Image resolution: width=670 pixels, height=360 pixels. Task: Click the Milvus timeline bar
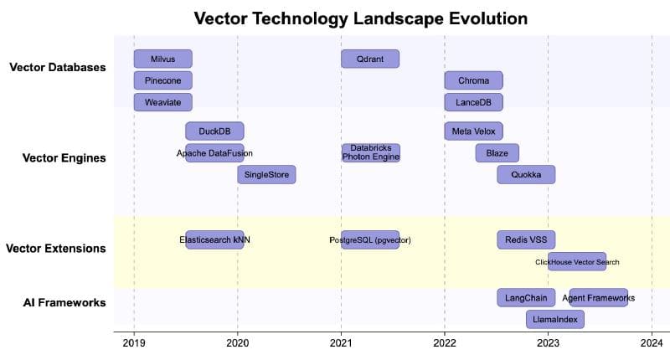click(163, 59)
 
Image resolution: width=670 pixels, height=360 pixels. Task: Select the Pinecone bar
click(163, 80)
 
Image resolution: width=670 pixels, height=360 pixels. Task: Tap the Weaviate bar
click(163, 102)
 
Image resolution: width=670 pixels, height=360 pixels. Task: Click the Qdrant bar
click(370, 59)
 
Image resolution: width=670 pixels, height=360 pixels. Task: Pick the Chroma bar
click(474, 80)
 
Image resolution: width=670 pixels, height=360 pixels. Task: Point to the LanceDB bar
click(474, 102)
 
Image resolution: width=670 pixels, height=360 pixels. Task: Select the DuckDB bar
click(214, 131)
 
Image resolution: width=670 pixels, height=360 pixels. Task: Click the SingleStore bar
click(266, 174)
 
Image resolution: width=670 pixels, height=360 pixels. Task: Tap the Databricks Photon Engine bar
click(370, 152)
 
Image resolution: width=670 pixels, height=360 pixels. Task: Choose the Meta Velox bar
click(474, 131)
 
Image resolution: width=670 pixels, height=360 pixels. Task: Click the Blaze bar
click(497, 152)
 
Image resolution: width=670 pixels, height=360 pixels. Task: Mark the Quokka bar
click(526, 174)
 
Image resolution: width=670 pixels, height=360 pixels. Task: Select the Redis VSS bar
click(526, 239)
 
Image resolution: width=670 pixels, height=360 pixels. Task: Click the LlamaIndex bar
click(555, 319)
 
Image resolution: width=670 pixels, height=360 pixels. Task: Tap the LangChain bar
click(526, 297)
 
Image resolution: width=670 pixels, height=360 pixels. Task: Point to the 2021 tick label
click(341, 342)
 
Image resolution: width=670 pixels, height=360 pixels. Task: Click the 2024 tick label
click(652, 342)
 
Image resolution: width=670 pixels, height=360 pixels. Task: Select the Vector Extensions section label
click(55, 249)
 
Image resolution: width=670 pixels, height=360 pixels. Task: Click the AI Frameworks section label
click(64, 302)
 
